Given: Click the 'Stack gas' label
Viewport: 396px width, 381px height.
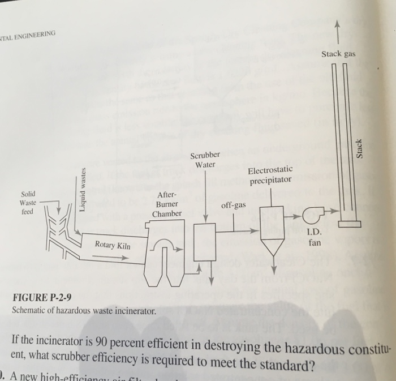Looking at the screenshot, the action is coord(338,54).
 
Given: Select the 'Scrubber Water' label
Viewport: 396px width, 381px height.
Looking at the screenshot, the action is coord(202,160).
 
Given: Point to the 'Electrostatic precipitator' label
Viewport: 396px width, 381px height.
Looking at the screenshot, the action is coord(270,175).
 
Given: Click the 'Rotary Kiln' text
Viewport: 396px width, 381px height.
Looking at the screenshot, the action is coord(113,245).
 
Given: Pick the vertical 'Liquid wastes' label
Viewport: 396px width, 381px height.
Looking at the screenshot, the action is coord(83,189).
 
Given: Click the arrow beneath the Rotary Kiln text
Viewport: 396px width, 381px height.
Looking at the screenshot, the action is coord(110,257).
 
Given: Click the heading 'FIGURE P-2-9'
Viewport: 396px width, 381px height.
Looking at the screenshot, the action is coord(43,298).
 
